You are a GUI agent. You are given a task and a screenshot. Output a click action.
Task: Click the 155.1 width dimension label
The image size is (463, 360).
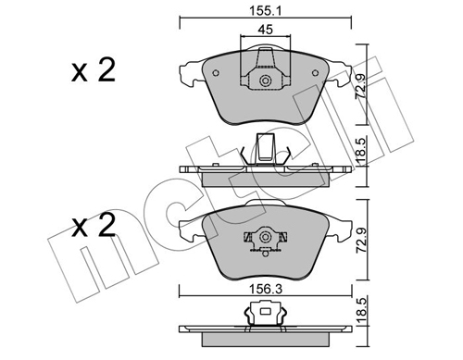pos(266,11)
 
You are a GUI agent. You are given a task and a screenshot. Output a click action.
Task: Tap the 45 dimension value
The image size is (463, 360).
pos(266,30)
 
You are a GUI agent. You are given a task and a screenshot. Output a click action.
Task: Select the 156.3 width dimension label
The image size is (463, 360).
pos(266,290)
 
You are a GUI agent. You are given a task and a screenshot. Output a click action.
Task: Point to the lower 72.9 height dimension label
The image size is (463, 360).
pos(361,240)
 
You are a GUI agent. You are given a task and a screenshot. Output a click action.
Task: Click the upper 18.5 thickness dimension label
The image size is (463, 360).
pos(362,151)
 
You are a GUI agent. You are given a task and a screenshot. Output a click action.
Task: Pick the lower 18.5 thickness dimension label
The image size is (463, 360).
pos(362,310)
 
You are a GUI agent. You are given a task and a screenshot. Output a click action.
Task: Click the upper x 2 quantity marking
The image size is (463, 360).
pos(94,70)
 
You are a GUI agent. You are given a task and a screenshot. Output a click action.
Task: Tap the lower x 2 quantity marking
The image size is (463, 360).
pos(94,226)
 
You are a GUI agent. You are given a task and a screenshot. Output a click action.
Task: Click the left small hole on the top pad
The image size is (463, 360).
pos(216,73)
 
